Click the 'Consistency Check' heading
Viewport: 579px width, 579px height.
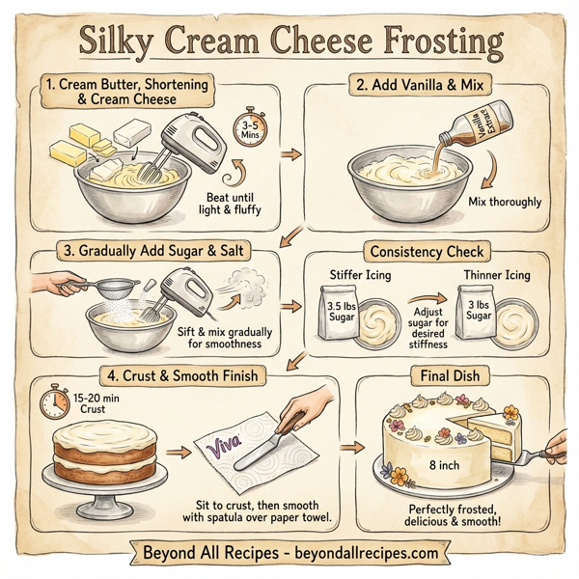pyautogui.click(x=424, y=252)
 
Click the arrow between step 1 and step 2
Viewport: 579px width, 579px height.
pyautogui.click(x=288, y=153)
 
